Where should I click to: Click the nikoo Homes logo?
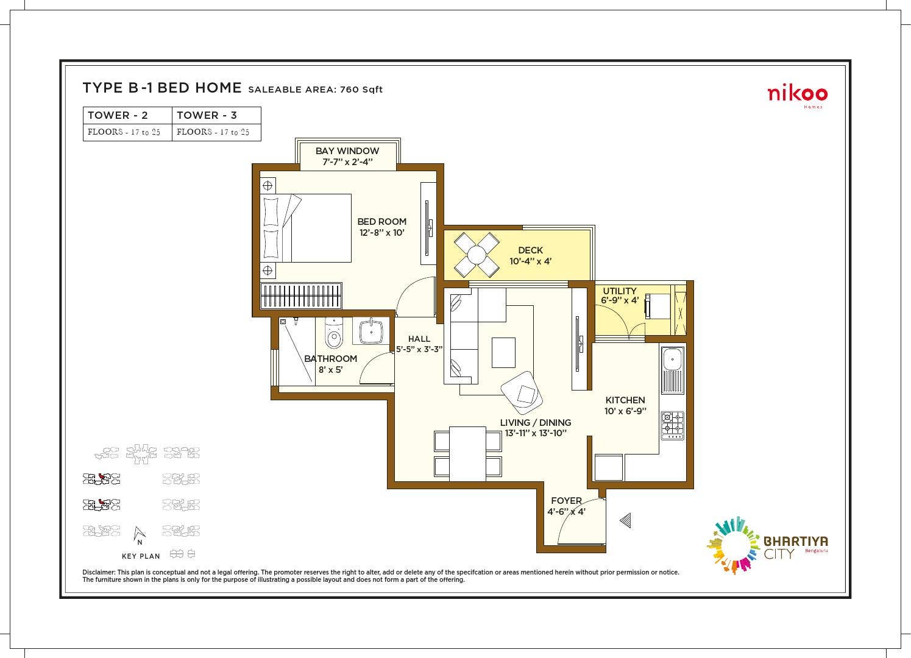[x=797, y=95]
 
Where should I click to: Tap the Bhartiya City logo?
[x=767, y=545]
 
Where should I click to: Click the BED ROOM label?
[x=381, y=222]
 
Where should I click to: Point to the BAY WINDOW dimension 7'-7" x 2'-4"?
[x=347, y=162]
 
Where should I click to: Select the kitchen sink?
[x=672, y=370]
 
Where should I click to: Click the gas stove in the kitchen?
[x=672, y=425]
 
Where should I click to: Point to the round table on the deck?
[x=477, y=254]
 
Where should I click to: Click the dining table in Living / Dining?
[x=467, y=453]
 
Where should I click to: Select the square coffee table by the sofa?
[x=503, y=353]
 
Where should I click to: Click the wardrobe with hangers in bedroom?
[x=301, y=297]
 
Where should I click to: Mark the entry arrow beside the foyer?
[x=625, y=520]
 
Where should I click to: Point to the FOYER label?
[x=566, y=501]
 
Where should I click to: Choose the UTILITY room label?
[x=619, y=291]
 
